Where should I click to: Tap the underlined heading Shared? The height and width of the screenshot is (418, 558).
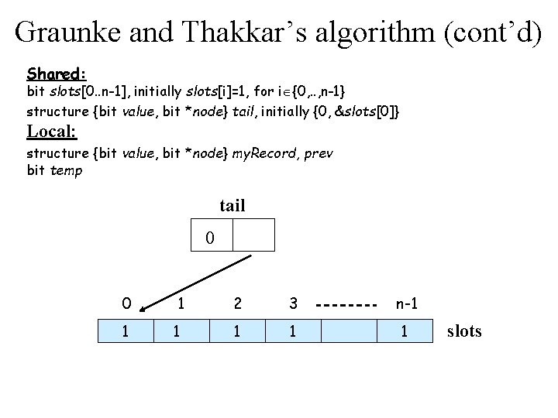click(x=56, y=74)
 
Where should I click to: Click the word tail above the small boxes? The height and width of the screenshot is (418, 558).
click(x=232, y=205)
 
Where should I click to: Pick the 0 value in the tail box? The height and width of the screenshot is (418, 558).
click(x=210, y=238)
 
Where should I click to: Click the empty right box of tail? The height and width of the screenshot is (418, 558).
click(x=253, y=235)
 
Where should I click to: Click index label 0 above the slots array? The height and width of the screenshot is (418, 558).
click(x=126, y=303)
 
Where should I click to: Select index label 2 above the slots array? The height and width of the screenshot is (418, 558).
click(x=237, y=303)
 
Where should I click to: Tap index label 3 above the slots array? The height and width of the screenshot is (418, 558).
click(x=293, y=303)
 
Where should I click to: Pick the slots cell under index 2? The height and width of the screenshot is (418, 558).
click(x=236, y=331)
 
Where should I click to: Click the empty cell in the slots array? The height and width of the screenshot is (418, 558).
click(x=349, y=331)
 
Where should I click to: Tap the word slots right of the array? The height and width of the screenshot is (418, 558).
click(x=464, y=331)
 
